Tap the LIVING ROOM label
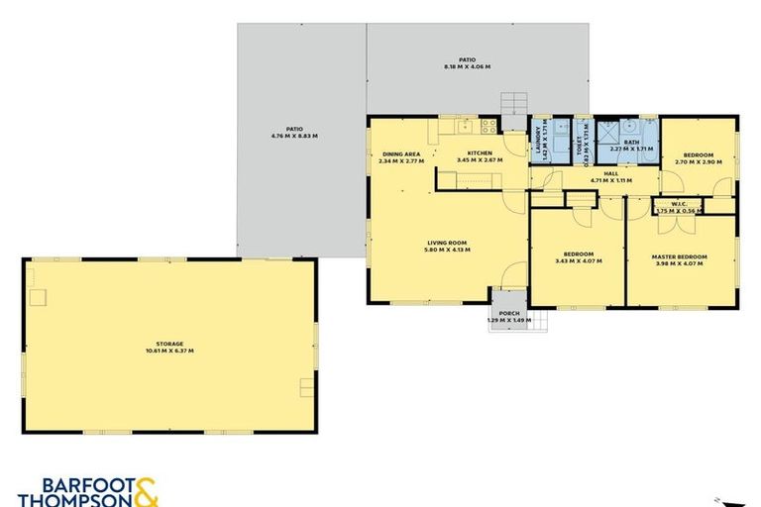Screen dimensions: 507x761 click(446, 243)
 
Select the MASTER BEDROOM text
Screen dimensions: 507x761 click(677, 256)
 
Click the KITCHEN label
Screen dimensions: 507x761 click(480, 153)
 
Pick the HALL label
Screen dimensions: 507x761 click(610, 173)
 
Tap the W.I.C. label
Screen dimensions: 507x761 click(679, 203)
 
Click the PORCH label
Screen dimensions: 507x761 click(509, 313)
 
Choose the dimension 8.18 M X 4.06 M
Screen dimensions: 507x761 click(467, 66)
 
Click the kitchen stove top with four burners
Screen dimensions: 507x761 click(488, 127)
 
